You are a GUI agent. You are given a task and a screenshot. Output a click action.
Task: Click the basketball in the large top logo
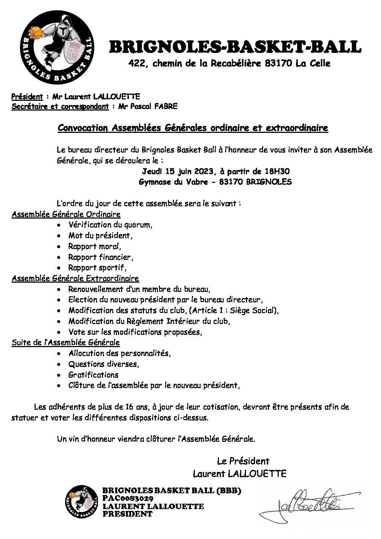point(36,33)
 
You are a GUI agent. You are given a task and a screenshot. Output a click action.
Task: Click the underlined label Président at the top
point(27,96)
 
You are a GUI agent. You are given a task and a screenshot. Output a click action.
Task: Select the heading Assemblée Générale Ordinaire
point(66,214)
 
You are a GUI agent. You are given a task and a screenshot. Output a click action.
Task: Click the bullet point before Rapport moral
point(59,247)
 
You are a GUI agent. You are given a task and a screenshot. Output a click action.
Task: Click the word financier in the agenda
point(116,257)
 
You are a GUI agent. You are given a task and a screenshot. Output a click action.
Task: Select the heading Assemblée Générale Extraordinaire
point(75,278)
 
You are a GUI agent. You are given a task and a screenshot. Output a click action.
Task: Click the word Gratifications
point(93,375)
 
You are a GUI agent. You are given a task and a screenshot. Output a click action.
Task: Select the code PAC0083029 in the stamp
point(128,498)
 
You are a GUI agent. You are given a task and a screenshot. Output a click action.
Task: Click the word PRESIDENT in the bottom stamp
point(127,514)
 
